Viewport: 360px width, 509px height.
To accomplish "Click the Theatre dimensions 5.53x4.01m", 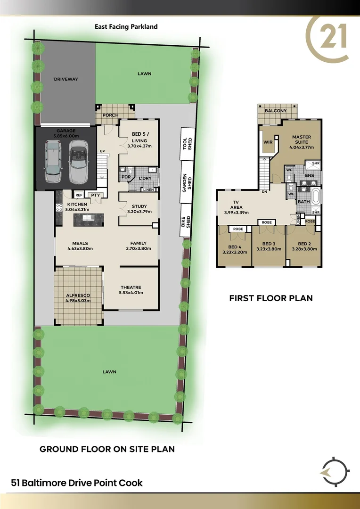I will click(131, 293).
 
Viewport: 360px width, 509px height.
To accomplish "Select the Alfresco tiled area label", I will click(78, 296).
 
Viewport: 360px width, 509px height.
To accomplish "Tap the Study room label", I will click(139, 206).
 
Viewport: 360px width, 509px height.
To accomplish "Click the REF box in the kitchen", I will click(79, 195).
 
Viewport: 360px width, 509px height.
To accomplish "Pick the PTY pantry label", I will click(95, 195).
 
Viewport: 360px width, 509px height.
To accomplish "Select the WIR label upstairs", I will click(269, 142).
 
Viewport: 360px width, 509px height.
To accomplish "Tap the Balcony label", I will click(276, 111).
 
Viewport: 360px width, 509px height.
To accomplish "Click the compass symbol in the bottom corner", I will click(333, 471).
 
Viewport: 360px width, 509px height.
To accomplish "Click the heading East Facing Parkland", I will click(126, 27).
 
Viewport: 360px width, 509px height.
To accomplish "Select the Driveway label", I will click(65, 79).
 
